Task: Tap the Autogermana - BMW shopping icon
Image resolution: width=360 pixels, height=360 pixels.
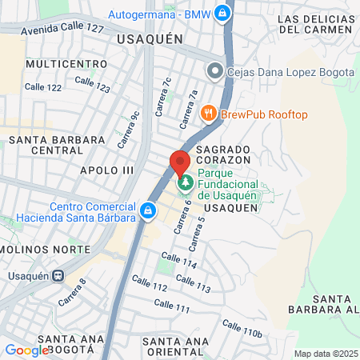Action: [x=226, y=14]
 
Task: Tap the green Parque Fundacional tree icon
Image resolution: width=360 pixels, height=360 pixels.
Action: [x=186, y=182]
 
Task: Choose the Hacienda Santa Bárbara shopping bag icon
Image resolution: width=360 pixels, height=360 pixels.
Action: [x=147, y=210]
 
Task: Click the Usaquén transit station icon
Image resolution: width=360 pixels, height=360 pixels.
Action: [x=58, y=275]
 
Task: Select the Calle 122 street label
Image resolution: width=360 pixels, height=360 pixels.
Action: [x=43, y=86]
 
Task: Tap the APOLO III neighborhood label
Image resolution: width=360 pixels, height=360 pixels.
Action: [x=107, y=170]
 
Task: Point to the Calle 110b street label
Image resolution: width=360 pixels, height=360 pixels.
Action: [x=242, y=328]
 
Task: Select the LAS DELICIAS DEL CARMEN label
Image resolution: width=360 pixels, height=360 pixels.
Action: [x=314, y=24]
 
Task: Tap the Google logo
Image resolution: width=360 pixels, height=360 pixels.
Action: [x=26, y=350]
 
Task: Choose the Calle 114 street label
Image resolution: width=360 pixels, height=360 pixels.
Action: [x=178, y=262]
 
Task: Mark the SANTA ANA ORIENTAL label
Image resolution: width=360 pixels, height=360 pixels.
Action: [x=177, y=346]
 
